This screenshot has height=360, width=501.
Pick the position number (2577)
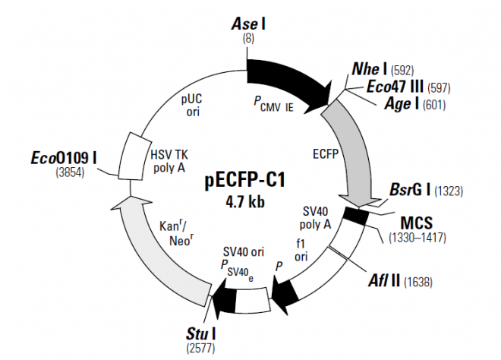(196, 348)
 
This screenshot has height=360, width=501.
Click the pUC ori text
(191, 106)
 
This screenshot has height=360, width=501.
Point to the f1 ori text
(302, 251)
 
